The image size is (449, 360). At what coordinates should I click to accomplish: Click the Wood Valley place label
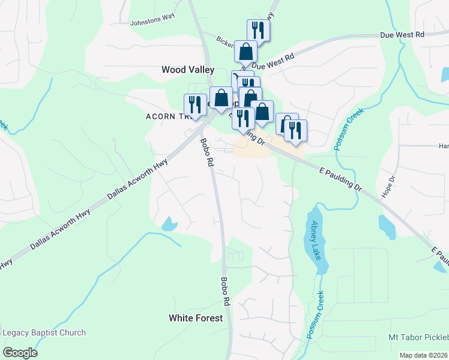(x=188, y=70)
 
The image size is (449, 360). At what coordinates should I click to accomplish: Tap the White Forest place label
(x=196, y=318)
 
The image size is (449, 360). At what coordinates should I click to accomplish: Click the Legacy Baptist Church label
(x=44, y=332)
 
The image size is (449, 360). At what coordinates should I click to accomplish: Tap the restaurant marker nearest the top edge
(x=258, y=30)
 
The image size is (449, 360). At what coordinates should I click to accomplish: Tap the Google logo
(x=20, y=353)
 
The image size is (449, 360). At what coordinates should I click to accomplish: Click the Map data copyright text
(x=423, y=355)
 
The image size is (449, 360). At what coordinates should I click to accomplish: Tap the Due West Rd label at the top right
(x=402, y=35)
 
